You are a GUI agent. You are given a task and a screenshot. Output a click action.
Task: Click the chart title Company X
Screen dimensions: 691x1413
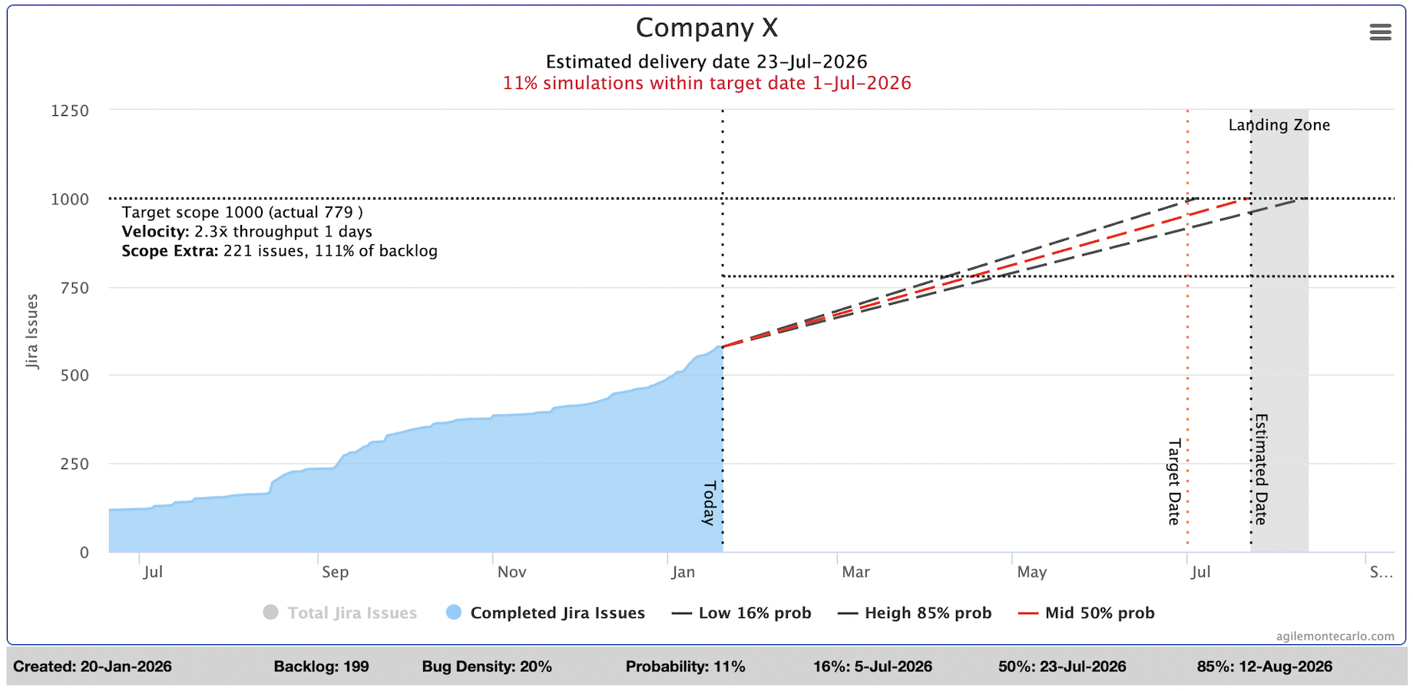(x=706, y=28)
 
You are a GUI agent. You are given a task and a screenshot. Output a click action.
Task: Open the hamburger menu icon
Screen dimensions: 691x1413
(x=1380, y=32)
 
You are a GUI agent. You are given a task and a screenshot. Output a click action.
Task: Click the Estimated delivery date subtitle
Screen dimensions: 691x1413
(x=706, y=61)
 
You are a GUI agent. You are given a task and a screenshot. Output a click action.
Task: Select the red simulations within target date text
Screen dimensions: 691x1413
(x=706, y=83)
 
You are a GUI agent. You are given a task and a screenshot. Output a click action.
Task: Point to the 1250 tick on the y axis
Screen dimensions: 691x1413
(x=70, y=111)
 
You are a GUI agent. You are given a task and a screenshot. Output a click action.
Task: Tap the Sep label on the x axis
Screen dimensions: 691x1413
(x=335, y=572)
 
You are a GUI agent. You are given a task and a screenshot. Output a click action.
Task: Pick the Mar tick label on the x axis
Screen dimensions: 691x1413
(x=855, y=572)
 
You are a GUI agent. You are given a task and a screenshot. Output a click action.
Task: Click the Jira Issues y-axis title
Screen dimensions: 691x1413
(x=32, y=331)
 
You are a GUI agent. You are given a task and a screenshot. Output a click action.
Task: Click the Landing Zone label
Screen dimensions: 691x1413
(x=1279, y=125)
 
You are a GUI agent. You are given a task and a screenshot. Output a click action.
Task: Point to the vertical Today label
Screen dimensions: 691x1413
(x=710, y=503)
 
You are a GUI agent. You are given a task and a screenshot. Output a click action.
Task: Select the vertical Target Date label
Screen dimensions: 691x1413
(x=1173, y=482)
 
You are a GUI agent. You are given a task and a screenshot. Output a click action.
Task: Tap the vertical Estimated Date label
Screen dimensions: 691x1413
(x=1261, y=469)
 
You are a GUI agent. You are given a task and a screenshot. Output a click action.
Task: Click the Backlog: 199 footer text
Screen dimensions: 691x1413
(x=321, y=666)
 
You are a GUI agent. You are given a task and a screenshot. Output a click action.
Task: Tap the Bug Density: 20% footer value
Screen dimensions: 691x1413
(x=486, y=666)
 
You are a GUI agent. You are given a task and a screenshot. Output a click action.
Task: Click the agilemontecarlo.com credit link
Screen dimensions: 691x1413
(x=1335, y=636)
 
